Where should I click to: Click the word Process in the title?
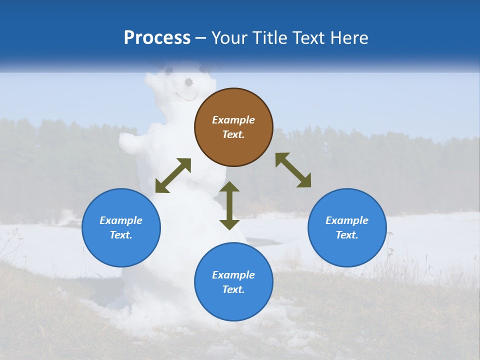click(157, 38)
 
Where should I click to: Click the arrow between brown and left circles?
click(173, 175)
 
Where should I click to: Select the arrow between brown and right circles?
click(293, 170)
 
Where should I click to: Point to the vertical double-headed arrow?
click(229, 205)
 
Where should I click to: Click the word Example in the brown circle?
click(233, 120)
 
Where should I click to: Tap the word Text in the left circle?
click(121, 235)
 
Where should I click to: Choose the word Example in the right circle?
click(347, 220)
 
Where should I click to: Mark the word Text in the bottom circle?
click(233, 289)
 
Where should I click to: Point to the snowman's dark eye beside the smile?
click(188, 82)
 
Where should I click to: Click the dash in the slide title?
click(201, 38)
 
